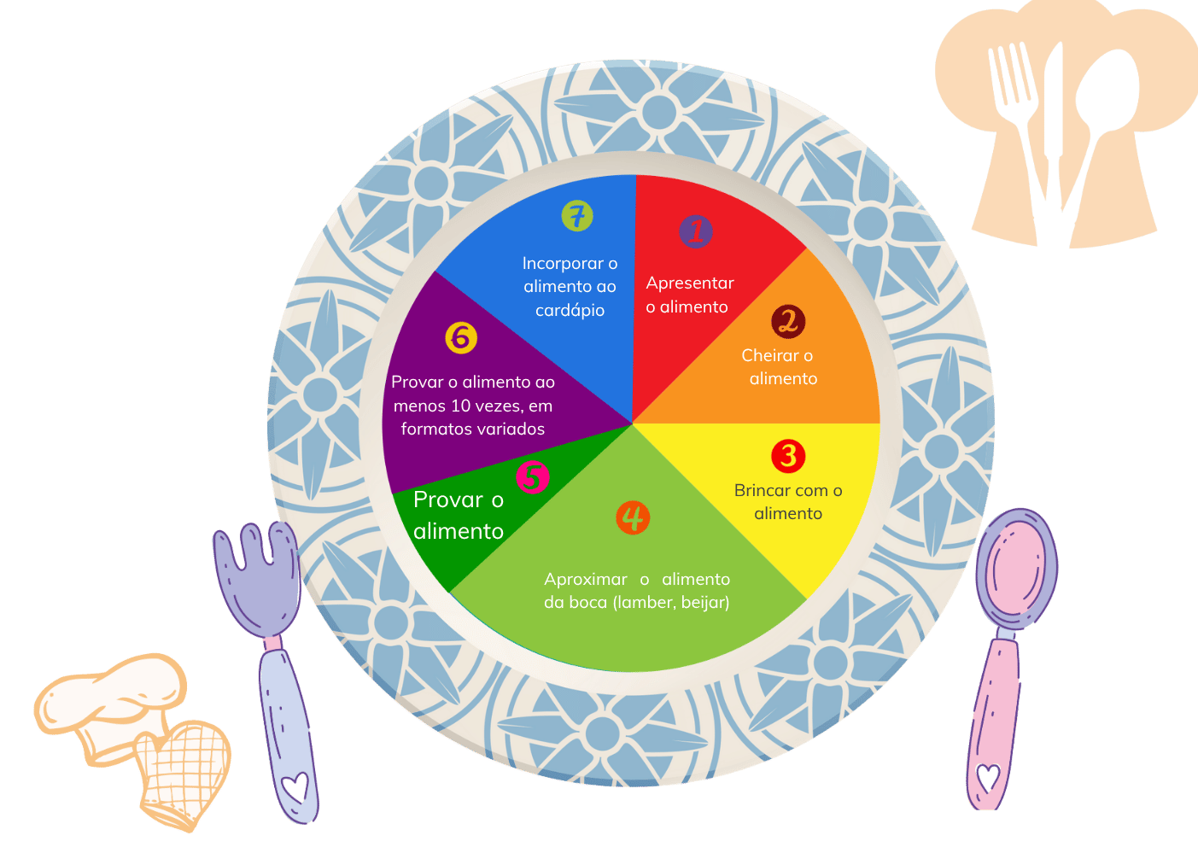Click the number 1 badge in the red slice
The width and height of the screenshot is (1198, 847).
pos(696,231)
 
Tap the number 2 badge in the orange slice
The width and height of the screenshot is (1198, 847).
pos(788,322)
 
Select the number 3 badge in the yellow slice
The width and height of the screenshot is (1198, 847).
pos(788,456)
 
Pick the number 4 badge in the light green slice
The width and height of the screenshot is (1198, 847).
pos(633,517)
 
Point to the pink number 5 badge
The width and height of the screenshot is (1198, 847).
pos(532,477)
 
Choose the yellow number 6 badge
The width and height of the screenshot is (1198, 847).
pos(461,338)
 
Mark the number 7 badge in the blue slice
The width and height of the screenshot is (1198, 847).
pos(577,216)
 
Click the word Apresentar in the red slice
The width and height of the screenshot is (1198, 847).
pos(690,283)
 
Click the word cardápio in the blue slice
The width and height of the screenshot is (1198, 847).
pos(570,311)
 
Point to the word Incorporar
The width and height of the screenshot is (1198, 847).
pos(563,264)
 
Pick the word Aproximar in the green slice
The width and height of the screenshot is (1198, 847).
pos(586,580)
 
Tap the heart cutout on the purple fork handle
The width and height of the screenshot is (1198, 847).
pos(295,786)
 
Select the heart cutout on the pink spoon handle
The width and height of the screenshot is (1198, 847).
pos(988,778)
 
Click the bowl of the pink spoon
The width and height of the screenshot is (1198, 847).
pos(1016,566)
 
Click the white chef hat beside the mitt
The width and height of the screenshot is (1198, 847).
pos(111,700)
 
